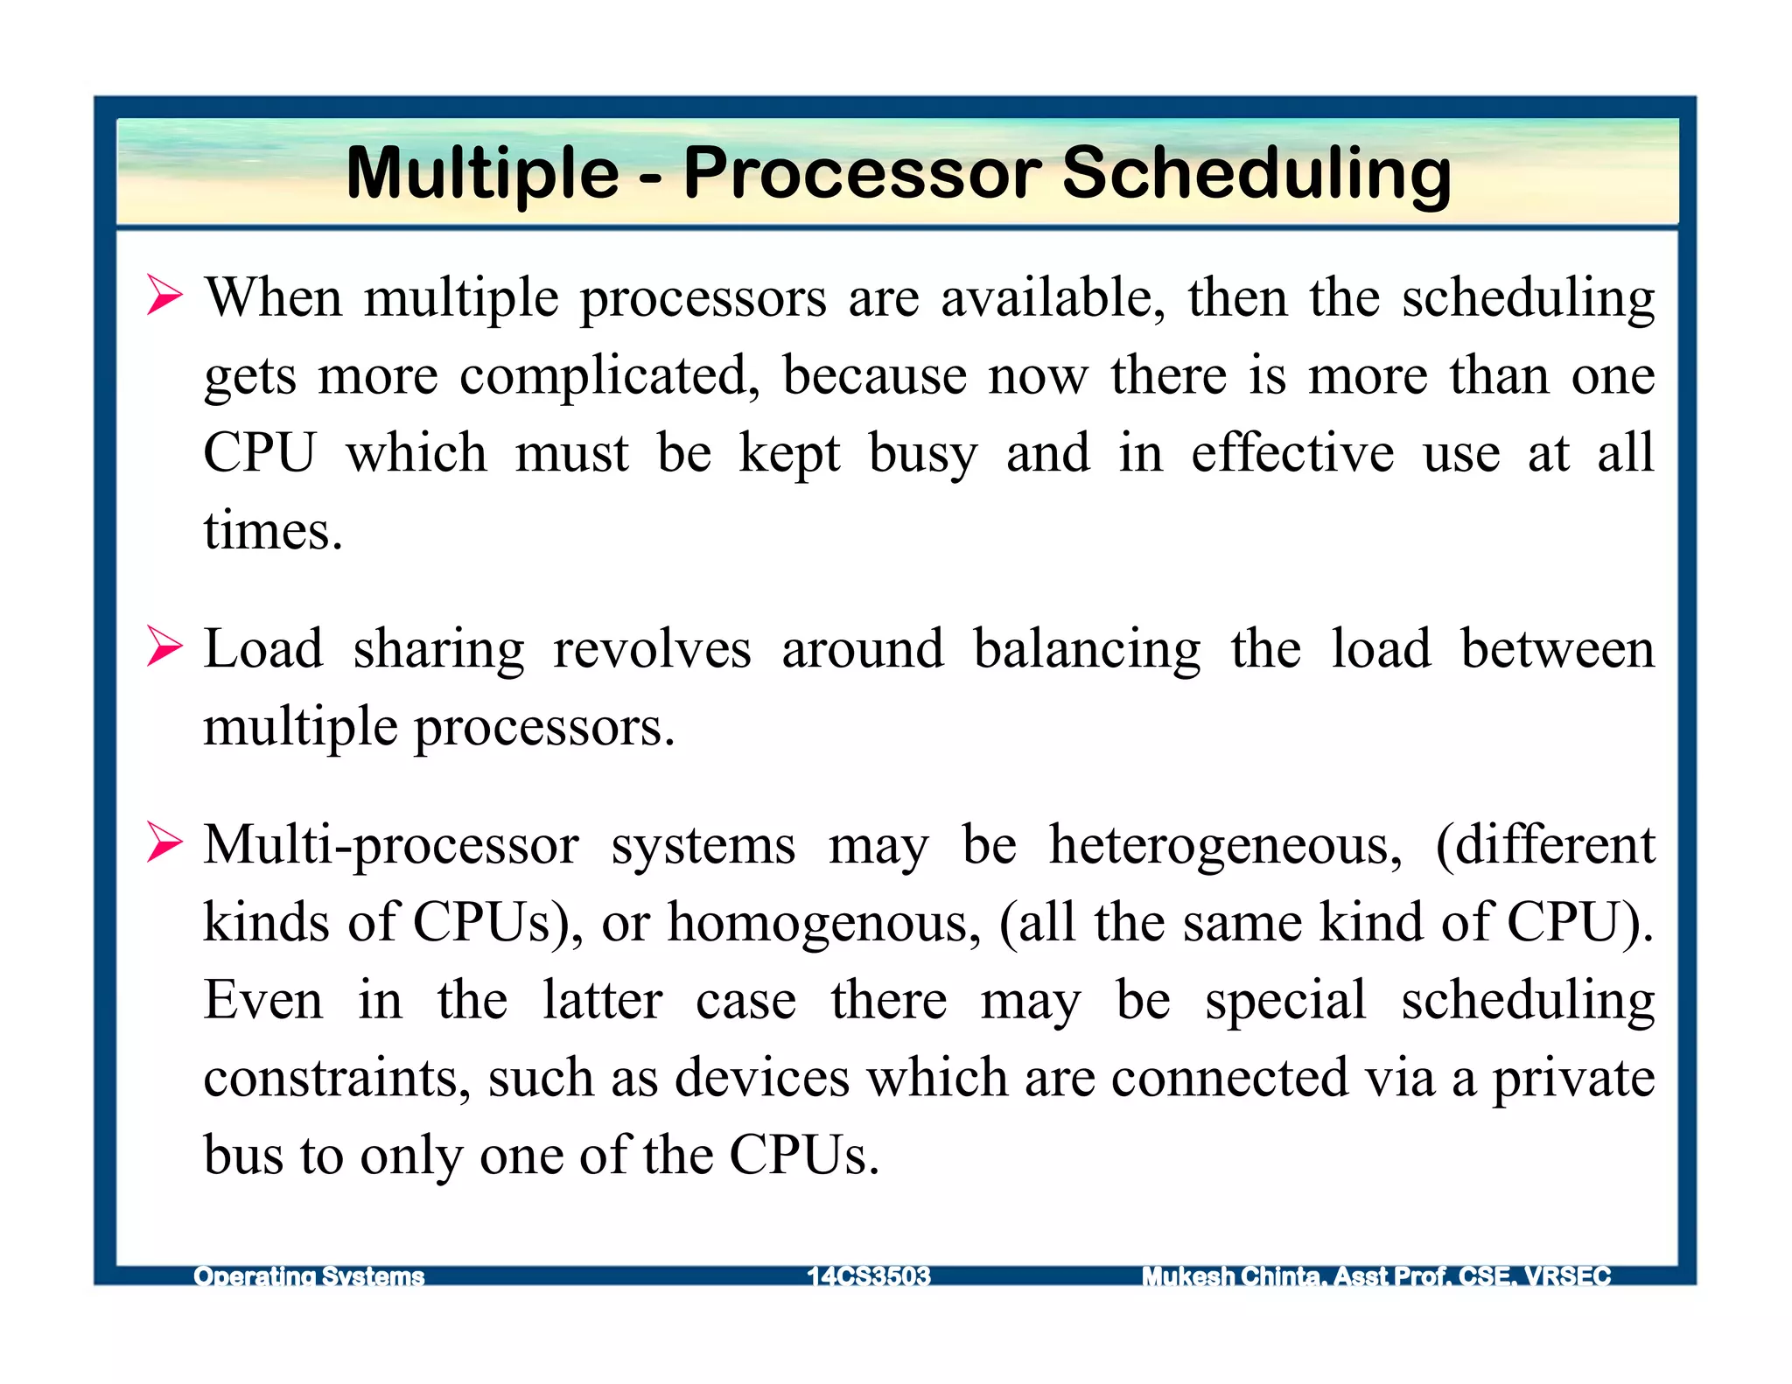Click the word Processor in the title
click(870, 173)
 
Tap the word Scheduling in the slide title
click(1256, 173)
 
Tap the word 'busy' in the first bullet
click(922, 455)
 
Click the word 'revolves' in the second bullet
click(652, 649)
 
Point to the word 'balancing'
click(1087, 651)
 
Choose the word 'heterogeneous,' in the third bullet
click(1225, 847)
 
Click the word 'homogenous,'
click(824, 924)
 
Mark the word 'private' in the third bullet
click(1572, 1080)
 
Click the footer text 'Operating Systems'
click(309, 1276)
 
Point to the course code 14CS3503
click(868, 1276)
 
